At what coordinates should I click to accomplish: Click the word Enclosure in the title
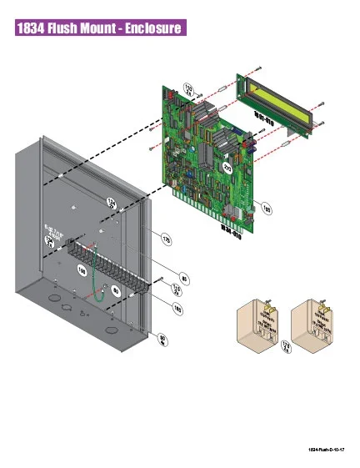pyautogui.click(x=147, y=28)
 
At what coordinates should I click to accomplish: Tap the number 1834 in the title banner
pyautogui.click(x=31, y=28)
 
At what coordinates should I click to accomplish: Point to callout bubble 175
pyautogui.click(x=166, y=240)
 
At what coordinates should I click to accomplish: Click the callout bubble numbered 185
pyautogui.click(x=177, y=308)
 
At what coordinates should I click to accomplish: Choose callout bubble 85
pyautogui.click(x=184, y=278)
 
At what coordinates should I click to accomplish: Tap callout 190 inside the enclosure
pyautogui.click(x=82, y=271)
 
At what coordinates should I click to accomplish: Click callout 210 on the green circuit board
pyautogui.click(x=227, y=169)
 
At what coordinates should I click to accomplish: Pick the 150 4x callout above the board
pyautogui.click(x=188, y=89)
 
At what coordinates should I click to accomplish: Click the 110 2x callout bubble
pyautogui.click(x=177, y=289)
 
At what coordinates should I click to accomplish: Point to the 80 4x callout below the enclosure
pyautogui.click(x=162, y=338)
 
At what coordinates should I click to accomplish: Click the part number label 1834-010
pyautogui.click(x=230, y=230)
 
